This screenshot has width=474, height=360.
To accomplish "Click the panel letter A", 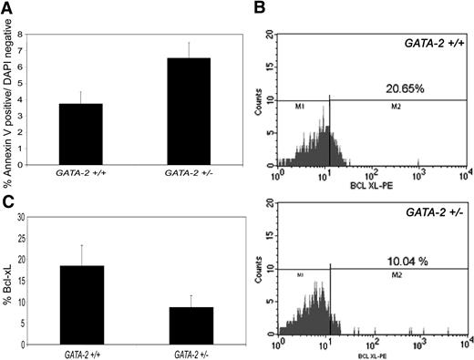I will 7,9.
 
